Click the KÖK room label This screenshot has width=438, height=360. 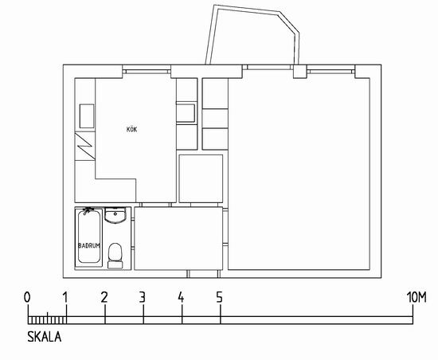coord(132,129)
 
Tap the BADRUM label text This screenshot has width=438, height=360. coord(89,246)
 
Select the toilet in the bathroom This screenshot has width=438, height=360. coord(115,256)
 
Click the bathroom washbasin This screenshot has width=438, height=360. coord(115,215)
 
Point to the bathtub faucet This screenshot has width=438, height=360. coord(88,210)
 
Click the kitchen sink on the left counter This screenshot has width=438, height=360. coord(87,116)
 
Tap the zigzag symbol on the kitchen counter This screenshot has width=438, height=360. coord(85,146)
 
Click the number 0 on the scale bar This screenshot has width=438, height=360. coord(27,297)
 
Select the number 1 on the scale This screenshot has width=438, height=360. coord(65,297)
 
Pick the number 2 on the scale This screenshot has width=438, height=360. coord(104,297)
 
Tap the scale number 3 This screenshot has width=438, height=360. coord(143,297)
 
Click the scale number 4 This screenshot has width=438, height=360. coord(181,297)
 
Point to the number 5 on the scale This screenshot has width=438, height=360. coord(220,297)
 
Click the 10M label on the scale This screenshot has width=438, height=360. coord(416,297)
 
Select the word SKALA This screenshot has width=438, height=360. coord(44,337)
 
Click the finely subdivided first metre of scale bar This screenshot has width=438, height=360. coord(47,320)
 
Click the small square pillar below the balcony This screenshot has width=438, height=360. coord(299,72)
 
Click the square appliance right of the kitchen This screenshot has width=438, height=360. coord(201,178)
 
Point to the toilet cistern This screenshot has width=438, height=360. coord(115,264)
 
